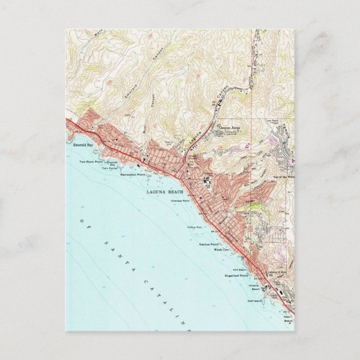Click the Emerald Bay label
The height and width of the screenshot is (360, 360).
(x=83, y=145)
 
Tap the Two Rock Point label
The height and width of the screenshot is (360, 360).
(x=89, y=162)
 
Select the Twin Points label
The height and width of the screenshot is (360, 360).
(x=109, y=168)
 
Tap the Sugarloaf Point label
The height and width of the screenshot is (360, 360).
(x=238, y=276)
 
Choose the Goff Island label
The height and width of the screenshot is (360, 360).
(x=254, y=301)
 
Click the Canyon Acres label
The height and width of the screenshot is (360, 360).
(x=228, y=127)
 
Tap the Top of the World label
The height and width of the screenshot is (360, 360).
(x=283, y=177)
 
